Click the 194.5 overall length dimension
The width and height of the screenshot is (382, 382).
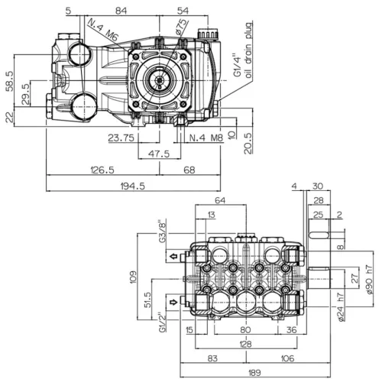click(132, 186)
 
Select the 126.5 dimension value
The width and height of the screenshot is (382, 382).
click(102, 170)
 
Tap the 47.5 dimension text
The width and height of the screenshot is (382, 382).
click(159, 154)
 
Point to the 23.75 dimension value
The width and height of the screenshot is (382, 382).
click(121, 138)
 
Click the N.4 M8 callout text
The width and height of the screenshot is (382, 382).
click(206, 138)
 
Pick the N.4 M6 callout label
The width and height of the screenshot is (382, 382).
click(103, 30)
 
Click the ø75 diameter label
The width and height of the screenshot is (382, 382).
click(181, 27)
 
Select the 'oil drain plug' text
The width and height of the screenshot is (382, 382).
click(248, 50)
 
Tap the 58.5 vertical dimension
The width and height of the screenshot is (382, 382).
click(9, 81)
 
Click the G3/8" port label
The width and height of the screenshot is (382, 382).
click(163, 231)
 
